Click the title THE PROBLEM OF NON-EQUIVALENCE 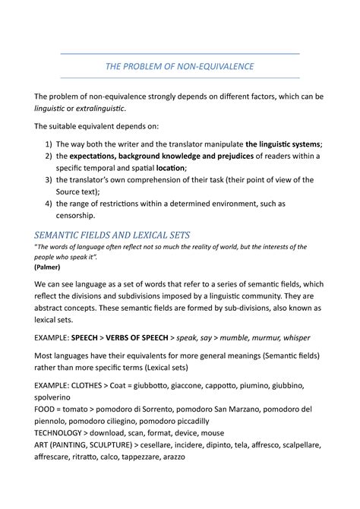180,67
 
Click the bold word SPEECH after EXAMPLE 101,337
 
